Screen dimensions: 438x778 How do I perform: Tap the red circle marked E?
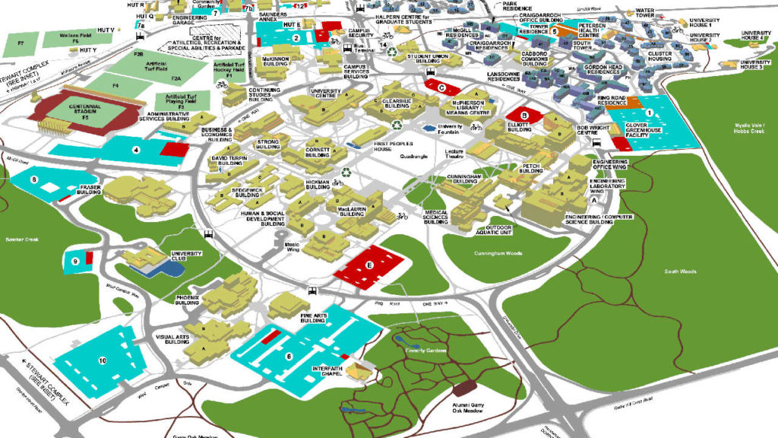[369, 265]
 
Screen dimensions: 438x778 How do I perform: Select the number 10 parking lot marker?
[101, 360]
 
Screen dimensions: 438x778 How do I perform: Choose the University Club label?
[186, 257]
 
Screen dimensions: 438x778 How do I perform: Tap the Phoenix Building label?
[187, 299]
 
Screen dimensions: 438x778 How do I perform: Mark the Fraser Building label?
[90, 190]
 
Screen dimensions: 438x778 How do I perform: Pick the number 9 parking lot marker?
[75, 261]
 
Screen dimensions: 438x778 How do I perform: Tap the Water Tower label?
[646, 15]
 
